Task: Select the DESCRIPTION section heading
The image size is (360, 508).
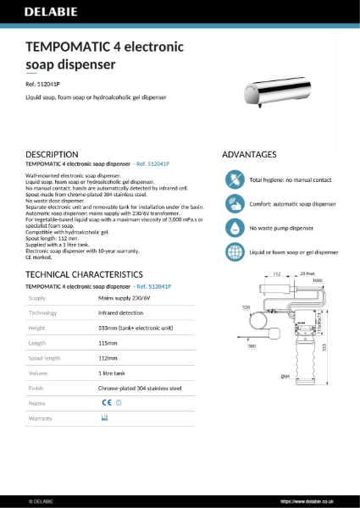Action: point(53,155)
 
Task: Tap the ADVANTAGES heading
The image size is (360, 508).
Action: point(249,155)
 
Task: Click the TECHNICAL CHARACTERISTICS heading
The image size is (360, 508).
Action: point(84,276)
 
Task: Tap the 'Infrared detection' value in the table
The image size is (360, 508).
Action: point(122,313)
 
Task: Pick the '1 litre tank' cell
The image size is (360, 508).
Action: point(114,373)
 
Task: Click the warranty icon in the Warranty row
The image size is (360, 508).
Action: point(105,418)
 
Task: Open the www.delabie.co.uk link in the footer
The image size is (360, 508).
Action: point(321,500)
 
